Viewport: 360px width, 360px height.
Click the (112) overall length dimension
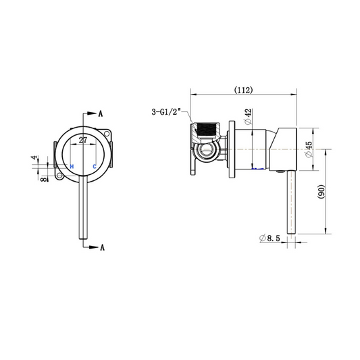pyautogui.click(x=243, y=90)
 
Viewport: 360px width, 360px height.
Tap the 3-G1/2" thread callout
pyautogui.click(x=166, y=112)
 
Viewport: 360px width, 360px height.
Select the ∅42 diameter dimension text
pyautogui.click(x=248, y=116)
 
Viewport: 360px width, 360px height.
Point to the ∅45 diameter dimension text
pyautogui.click(x=309, y=149)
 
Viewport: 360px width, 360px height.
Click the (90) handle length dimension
pyautogui.click(x=322, y=192)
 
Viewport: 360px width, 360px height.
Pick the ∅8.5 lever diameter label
pyautogui.click(x=269, y=238)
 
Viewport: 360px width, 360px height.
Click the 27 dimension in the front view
pyautogui.click(x=83, y=140)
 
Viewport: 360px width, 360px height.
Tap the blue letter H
pyautogui.click(x=72, y=166)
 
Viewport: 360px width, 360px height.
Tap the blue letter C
pyautogui.click(x=95, y=166)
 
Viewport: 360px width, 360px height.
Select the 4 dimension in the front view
pyautogui.click(x=34, y=158)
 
